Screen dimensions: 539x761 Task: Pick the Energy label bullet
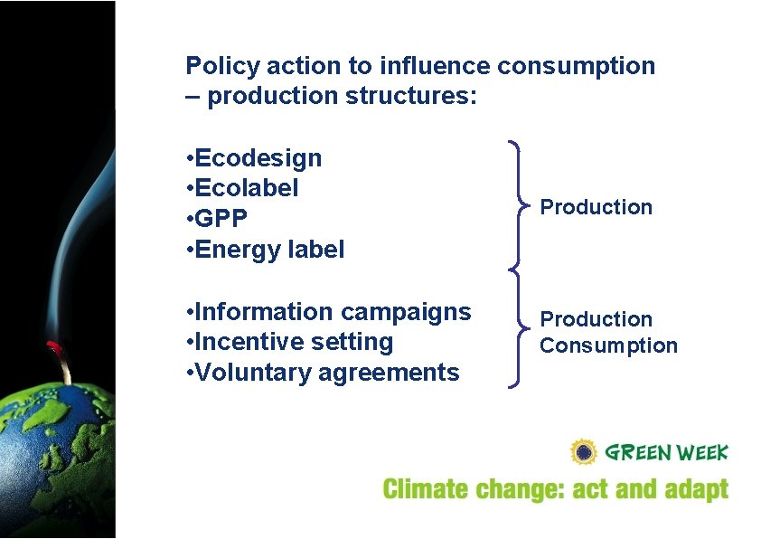pos(265,249)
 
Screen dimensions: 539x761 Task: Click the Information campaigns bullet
pos(328,312)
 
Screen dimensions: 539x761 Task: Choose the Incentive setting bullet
pos(289,342)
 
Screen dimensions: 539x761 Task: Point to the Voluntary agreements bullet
pos(322,372)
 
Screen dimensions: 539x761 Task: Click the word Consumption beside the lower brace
pos(608,345)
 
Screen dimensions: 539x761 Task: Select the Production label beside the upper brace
pos(596,207)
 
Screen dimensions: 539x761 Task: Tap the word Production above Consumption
pos(596,319)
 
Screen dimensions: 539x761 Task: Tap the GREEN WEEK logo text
pos(666,452)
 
